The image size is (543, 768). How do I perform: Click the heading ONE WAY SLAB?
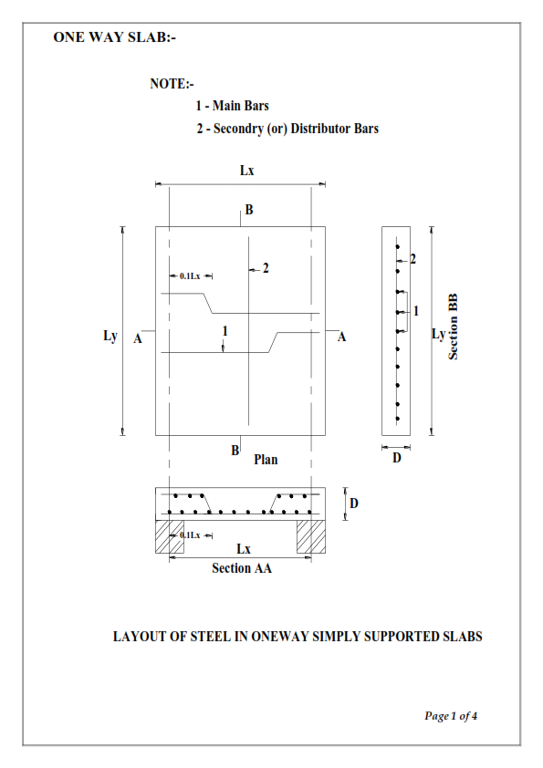point(115,37)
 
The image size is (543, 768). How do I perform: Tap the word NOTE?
point(172,84)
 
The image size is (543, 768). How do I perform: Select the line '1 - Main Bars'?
point(232,107)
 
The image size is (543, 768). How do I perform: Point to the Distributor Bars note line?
point(287,129)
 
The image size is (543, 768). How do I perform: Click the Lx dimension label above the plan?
point(247,171)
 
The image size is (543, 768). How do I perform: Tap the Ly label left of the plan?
point(110,336)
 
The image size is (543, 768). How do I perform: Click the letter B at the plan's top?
point(248,210)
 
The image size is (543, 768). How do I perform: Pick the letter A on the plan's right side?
point(342,337)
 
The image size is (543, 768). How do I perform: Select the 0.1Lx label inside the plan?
point(190,275)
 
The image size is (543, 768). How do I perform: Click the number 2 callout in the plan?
point(266,268)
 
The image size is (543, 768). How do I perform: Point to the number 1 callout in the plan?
point(224,329)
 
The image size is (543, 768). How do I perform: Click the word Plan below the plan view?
point(266,460)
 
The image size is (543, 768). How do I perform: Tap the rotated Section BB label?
point(453,327)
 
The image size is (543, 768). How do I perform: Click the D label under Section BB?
point(396,458)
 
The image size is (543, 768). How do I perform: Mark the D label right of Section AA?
point(353,503)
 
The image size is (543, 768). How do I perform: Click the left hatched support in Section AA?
point(169,536)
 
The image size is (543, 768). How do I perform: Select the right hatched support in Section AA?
point(311,536)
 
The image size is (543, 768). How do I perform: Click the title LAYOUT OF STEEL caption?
point(297,636)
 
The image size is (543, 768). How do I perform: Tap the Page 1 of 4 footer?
point(451,716)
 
